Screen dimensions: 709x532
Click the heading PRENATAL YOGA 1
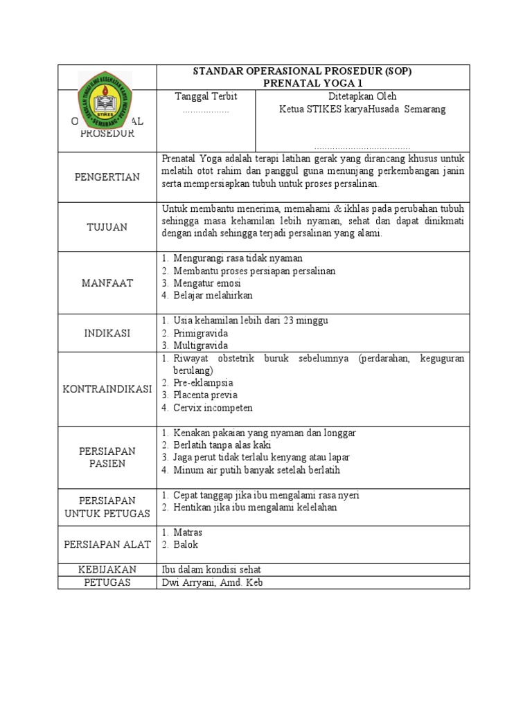(x=313, y=82)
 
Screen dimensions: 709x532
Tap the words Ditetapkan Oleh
(x=362, y=96)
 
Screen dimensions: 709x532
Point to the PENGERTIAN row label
(x=107, y=177)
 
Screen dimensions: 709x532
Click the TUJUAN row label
(x=107, y=227)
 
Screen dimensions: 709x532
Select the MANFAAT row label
(x=107, y=283)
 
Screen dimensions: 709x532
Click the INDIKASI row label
(x=107, y=333)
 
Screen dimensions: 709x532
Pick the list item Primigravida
(x=200, y=333)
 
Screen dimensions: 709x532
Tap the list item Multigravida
(x=200, y=345)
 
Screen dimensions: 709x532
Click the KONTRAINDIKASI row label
(x=107, y=389)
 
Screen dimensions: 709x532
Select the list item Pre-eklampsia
(x=203, y=383)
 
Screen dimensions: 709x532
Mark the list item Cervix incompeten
(x=213, y=408)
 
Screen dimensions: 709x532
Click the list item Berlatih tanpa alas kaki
(x=222, y=445)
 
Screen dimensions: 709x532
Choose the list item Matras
(x=188, y=532)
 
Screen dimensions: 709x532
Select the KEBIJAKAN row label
(x=107, y=569)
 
